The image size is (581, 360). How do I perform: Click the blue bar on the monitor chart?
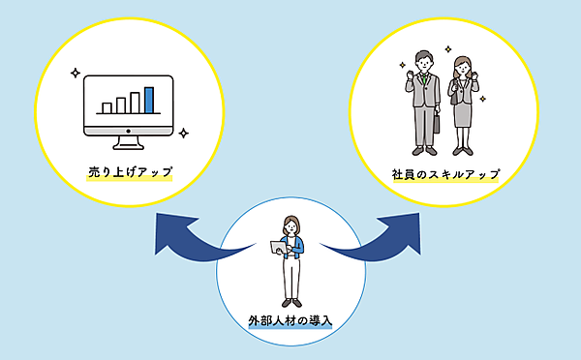[x=149, y=99]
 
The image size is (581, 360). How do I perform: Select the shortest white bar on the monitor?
[x=107, y=106]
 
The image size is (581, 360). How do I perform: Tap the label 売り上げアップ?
[x=129, y=173]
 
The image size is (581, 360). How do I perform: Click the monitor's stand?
[x=129, y=140]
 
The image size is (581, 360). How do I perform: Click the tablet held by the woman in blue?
[x=278, y=250]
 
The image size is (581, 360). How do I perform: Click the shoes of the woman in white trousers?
[x=290, y=302]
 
